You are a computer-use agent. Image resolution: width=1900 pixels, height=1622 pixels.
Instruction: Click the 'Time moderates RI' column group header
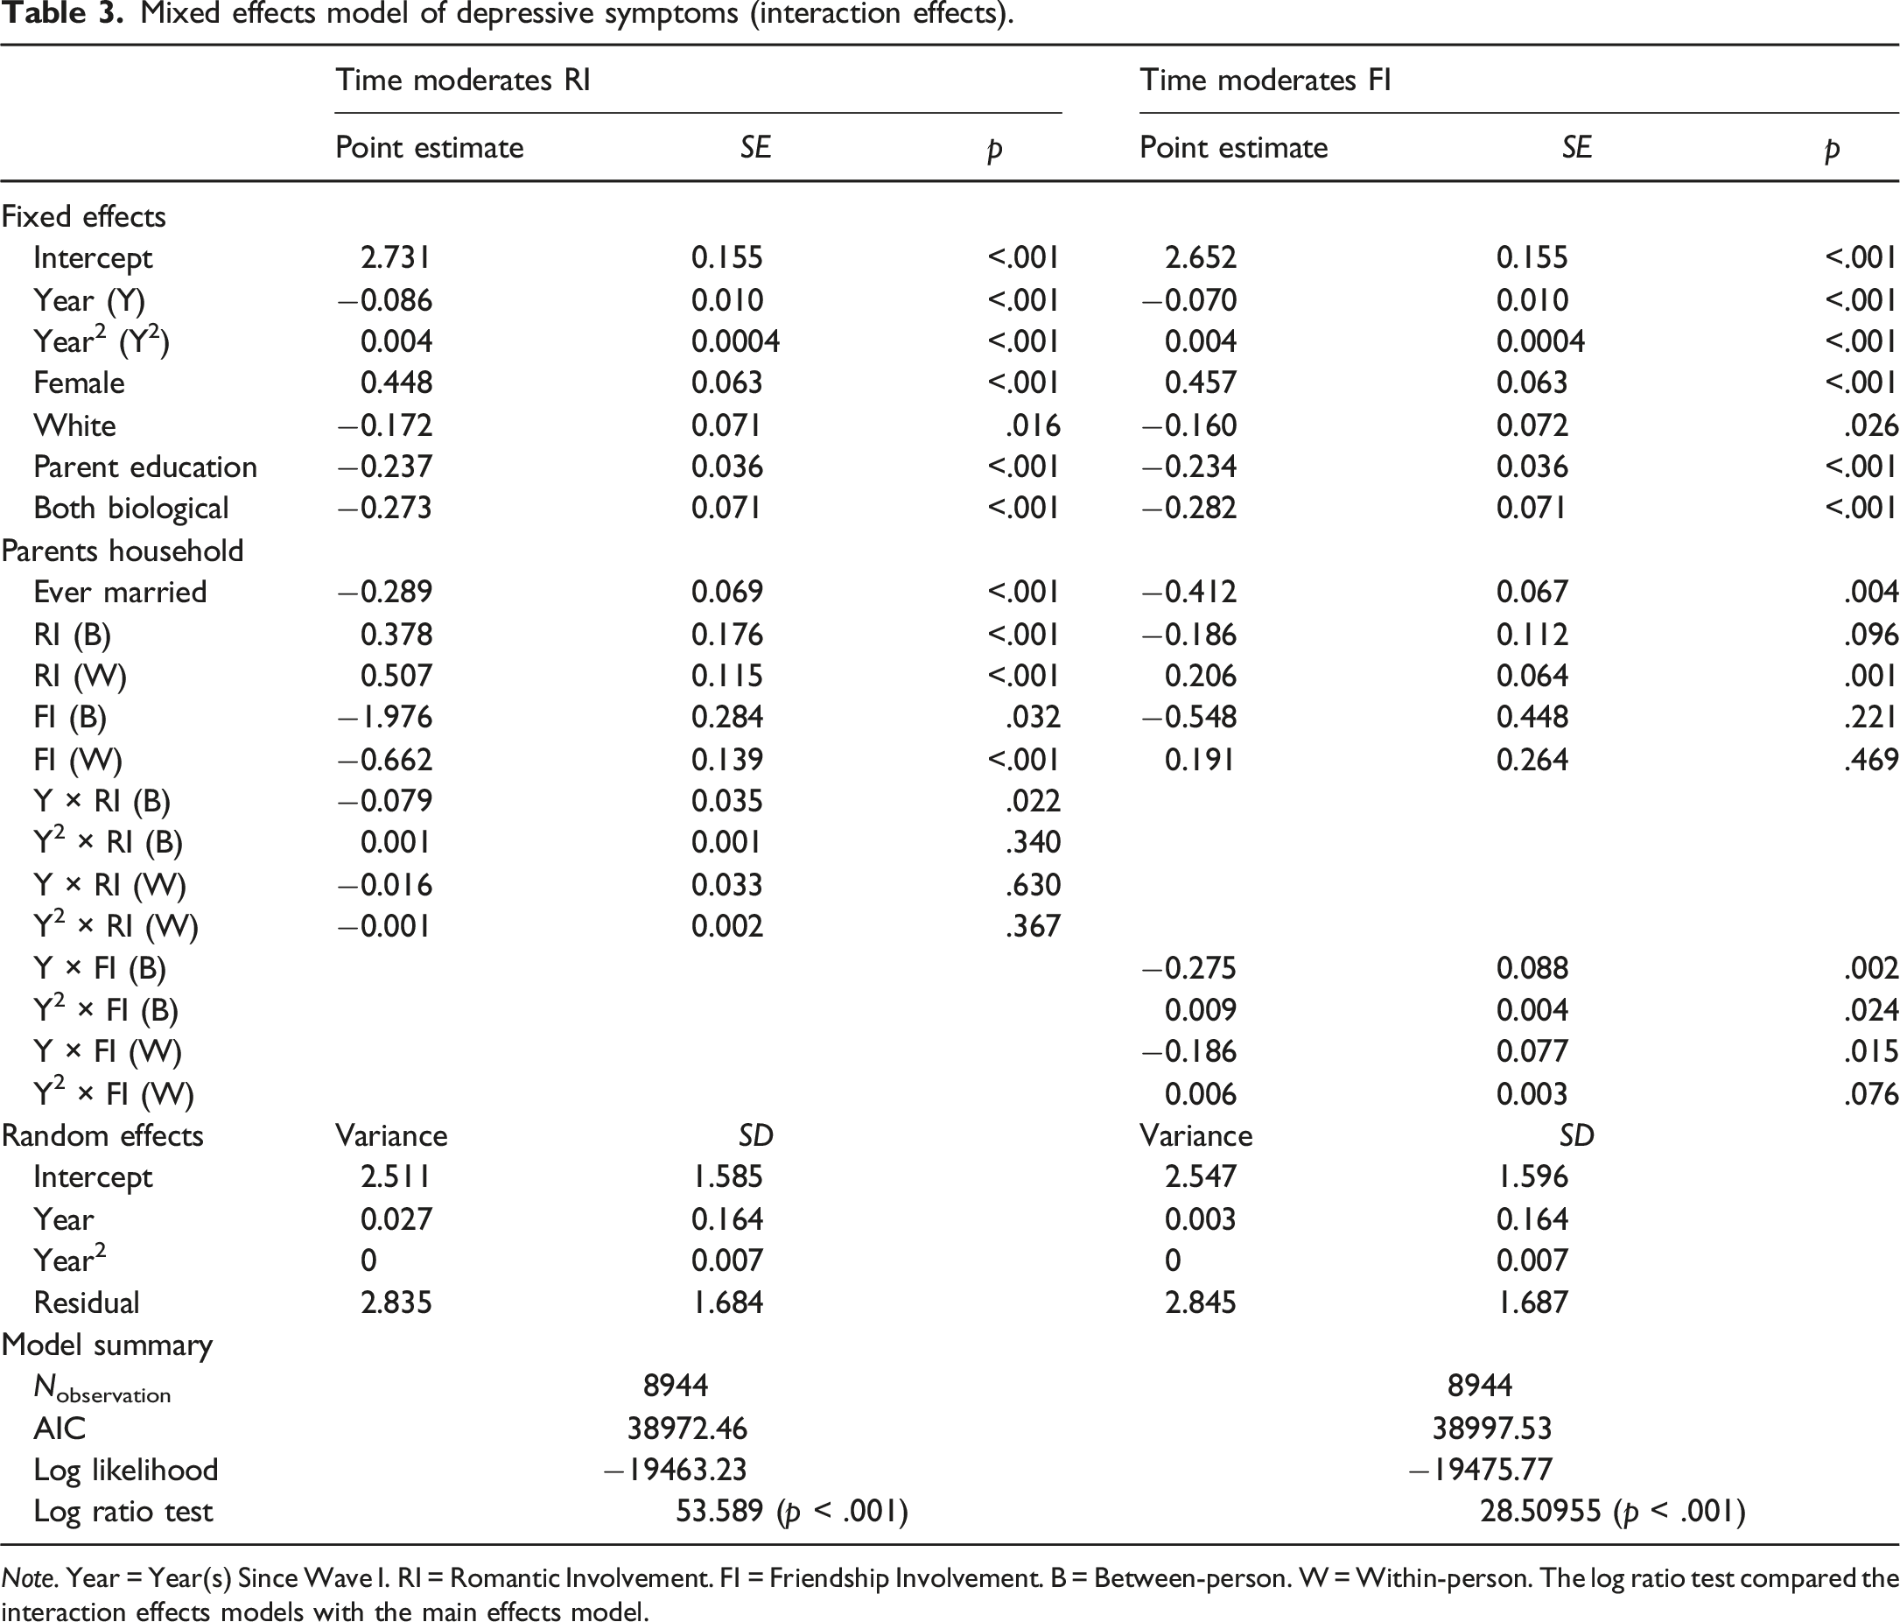(x=462, y=81)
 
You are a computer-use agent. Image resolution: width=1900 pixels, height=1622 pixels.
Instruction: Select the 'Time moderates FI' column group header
(x=1265, y=81)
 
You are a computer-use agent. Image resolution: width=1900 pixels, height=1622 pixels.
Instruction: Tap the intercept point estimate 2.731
(x=396, y=257)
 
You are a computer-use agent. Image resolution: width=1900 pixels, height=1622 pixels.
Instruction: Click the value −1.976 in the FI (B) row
(x=385, y=717)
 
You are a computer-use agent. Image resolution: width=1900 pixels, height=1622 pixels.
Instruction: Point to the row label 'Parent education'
(x=145, y=467)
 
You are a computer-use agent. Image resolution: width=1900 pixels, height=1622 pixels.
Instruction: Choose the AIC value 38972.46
(x=687, y=1428)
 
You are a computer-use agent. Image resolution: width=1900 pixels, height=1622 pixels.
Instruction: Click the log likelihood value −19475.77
(x=1481, y=1470)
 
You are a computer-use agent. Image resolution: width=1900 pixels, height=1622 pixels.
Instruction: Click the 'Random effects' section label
(x=102, y=1135)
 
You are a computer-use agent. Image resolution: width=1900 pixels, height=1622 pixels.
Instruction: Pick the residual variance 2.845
(x=1201, y=1302)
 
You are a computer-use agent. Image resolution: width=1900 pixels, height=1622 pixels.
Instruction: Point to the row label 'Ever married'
(x=120, y=592)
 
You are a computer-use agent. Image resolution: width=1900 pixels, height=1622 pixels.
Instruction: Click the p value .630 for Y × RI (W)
(x=1034, y=885)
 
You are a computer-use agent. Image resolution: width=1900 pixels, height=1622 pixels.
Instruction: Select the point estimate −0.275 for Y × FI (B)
(x=1189, y=968)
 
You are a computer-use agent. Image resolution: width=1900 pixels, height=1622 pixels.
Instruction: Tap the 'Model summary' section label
(x=108, y=1345)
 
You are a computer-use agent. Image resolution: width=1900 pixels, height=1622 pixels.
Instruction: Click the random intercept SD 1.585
(x=727, y=1176)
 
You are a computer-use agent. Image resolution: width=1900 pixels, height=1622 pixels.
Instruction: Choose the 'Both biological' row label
(x=131, y=508)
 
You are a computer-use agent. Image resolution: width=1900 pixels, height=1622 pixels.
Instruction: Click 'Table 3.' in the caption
(x=61, y=15)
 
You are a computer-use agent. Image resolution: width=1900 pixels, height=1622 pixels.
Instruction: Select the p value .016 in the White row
(x=1034, y=425)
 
